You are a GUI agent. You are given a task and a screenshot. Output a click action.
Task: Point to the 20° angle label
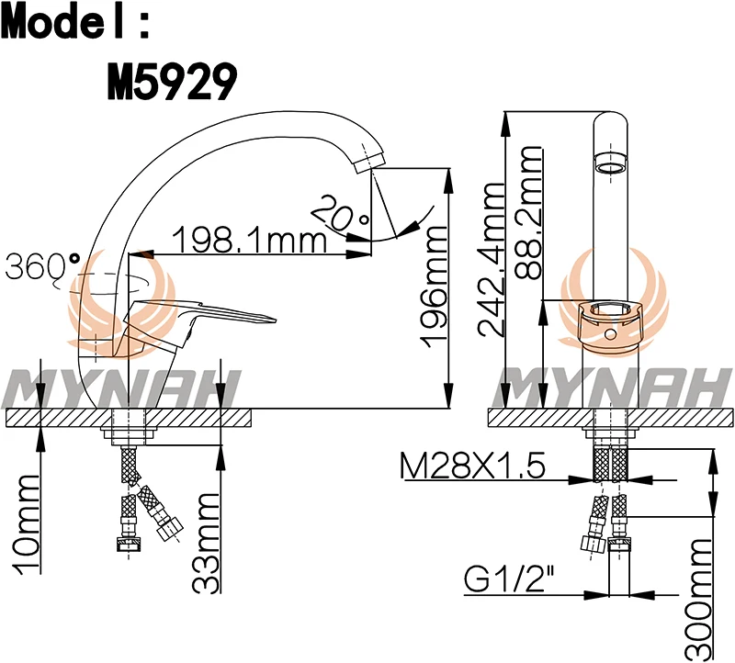[x=339, y=214]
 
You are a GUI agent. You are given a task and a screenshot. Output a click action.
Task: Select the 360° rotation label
[x=42, y=266]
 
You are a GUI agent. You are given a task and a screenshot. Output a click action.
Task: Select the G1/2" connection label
[x=509, y=580]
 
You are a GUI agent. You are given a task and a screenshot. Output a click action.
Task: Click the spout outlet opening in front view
[x=610, y=166]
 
